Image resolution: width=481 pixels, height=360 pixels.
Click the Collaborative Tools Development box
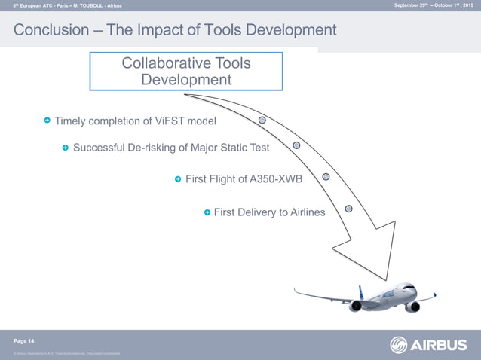click(x=186, y=72)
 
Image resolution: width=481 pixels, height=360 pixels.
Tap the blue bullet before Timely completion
click(x=47, y=121)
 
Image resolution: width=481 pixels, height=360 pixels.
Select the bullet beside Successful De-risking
click(x=66, y=148)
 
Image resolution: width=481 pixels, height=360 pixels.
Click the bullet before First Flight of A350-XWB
click(x=178, y=179)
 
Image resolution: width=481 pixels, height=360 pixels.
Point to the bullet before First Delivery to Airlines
click(x=207, y=212)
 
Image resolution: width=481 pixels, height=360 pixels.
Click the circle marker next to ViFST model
click(x=262, y=120)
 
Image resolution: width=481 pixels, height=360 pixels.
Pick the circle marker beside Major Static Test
click(x=296, y=145)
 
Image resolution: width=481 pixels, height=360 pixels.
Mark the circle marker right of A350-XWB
click(x=326, y=177)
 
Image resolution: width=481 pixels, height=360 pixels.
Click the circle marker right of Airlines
click(x=348, y=208)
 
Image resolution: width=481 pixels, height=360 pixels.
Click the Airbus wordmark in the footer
click(x=440, y=345)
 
